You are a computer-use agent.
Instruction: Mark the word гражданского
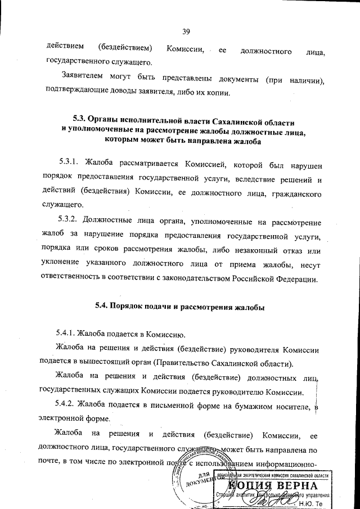(296, 192)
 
